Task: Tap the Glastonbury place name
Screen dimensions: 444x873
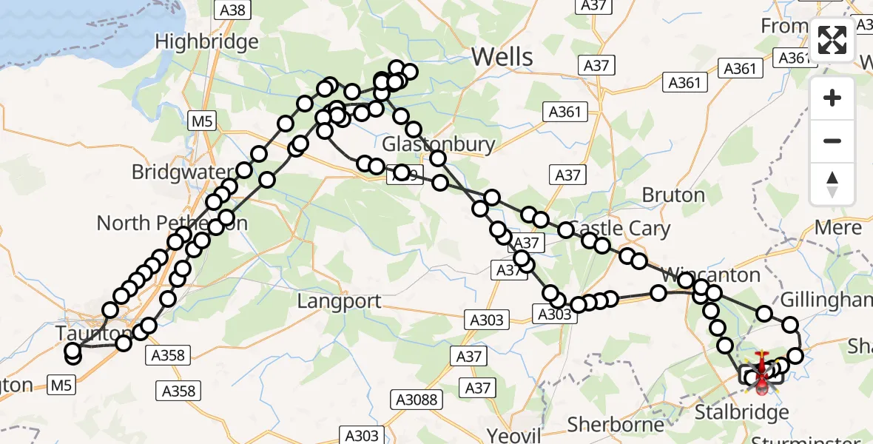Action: tap(439, 144)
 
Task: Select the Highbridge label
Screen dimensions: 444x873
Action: tap(207, 42)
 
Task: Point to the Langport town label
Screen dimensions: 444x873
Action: tap(340, 301)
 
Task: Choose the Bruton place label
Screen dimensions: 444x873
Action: tap(673, 195)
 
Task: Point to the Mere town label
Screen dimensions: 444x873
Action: tap(837, 228)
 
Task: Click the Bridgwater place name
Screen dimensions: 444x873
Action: tap(181, 172)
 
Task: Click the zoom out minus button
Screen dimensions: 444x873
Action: tap(832, 141)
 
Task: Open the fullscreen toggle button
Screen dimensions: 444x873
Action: tap(832, 40)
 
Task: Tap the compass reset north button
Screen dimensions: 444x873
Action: tap(832, 184)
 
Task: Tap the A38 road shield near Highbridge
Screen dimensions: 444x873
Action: tap(232, 10)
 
